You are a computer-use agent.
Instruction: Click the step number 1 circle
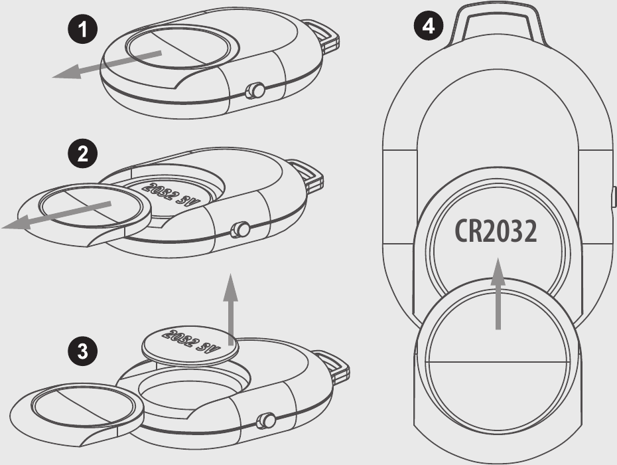(83, 29)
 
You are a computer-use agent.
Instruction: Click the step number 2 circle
(83, 153)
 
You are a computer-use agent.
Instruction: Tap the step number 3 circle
(83, 351)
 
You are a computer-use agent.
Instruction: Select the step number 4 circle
(429, 27)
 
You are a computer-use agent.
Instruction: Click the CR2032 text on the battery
(496, 231)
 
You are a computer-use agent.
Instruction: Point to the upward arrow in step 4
(498, 294)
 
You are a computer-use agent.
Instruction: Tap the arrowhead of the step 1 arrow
(67, 72)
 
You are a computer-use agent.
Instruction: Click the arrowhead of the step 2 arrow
(17, 222)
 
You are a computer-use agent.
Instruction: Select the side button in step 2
(240, 229)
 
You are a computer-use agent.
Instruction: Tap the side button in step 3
(265, 420)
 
